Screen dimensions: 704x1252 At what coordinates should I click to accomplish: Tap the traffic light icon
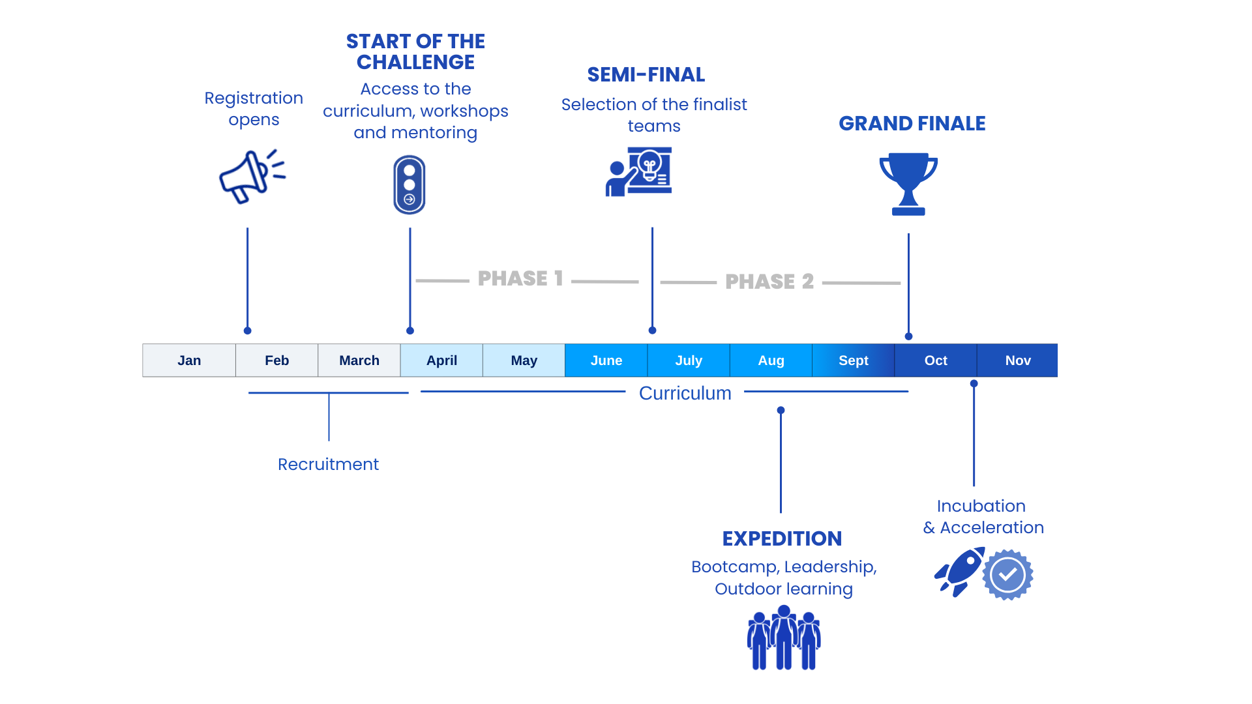410,185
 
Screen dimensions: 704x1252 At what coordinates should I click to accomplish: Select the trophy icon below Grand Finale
908,184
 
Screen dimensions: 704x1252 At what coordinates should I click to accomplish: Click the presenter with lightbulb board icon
639,171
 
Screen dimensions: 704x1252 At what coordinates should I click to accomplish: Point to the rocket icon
959,572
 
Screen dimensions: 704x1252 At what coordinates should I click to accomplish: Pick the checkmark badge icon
1007,575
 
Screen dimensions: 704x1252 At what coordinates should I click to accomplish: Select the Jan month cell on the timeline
189,360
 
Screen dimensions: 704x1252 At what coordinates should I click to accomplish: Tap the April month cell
441,360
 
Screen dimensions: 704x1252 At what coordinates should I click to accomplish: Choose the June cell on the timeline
606,360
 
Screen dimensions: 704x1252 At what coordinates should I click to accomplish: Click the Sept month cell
853,360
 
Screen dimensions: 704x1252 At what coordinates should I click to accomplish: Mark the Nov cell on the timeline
1017,360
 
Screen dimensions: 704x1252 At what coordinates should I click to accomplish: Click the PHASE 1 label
520,279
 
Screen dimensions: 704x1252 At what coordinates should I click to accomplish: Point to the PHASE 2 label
769,282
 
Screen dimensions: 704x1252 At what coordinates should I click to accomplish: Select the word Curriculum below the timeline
685,393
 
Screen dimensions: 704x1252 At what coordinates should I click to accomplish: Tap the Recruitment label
328,464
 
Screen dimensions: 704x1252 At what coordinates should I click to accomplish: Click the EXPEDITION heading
782,538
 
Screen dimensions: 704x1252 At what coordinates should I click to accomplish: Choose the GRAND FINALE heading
912,123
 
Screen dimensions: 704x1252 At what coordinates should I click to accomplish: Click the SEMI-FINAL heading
646,75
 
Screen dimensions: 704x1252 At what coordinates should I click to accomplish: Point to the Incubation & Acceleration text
983,516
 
